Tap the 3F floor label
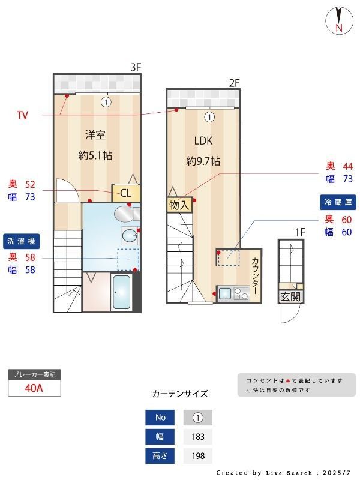click(136, 67)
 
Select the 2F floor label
click(234, 83)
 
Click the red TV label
click(22, 115)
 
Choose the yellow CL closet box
click(126, 193)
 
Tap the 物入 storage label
click(179, 205)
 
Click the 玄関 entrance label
click(290, 296)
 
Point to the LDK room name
click(203, 141)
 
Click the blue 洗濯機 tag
click(22, 241)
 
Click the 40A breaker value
click(34, 388)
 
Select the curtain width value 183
click(198, 437)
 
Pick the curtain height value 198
click(198, 456)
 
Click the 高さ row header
click(160, 456)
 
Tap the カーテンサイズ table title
click(180, 394)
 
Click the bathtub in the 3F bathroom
click(122, 293)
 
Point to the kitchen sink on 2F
click(225, 293)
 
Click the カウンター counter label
click(254, 275)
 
